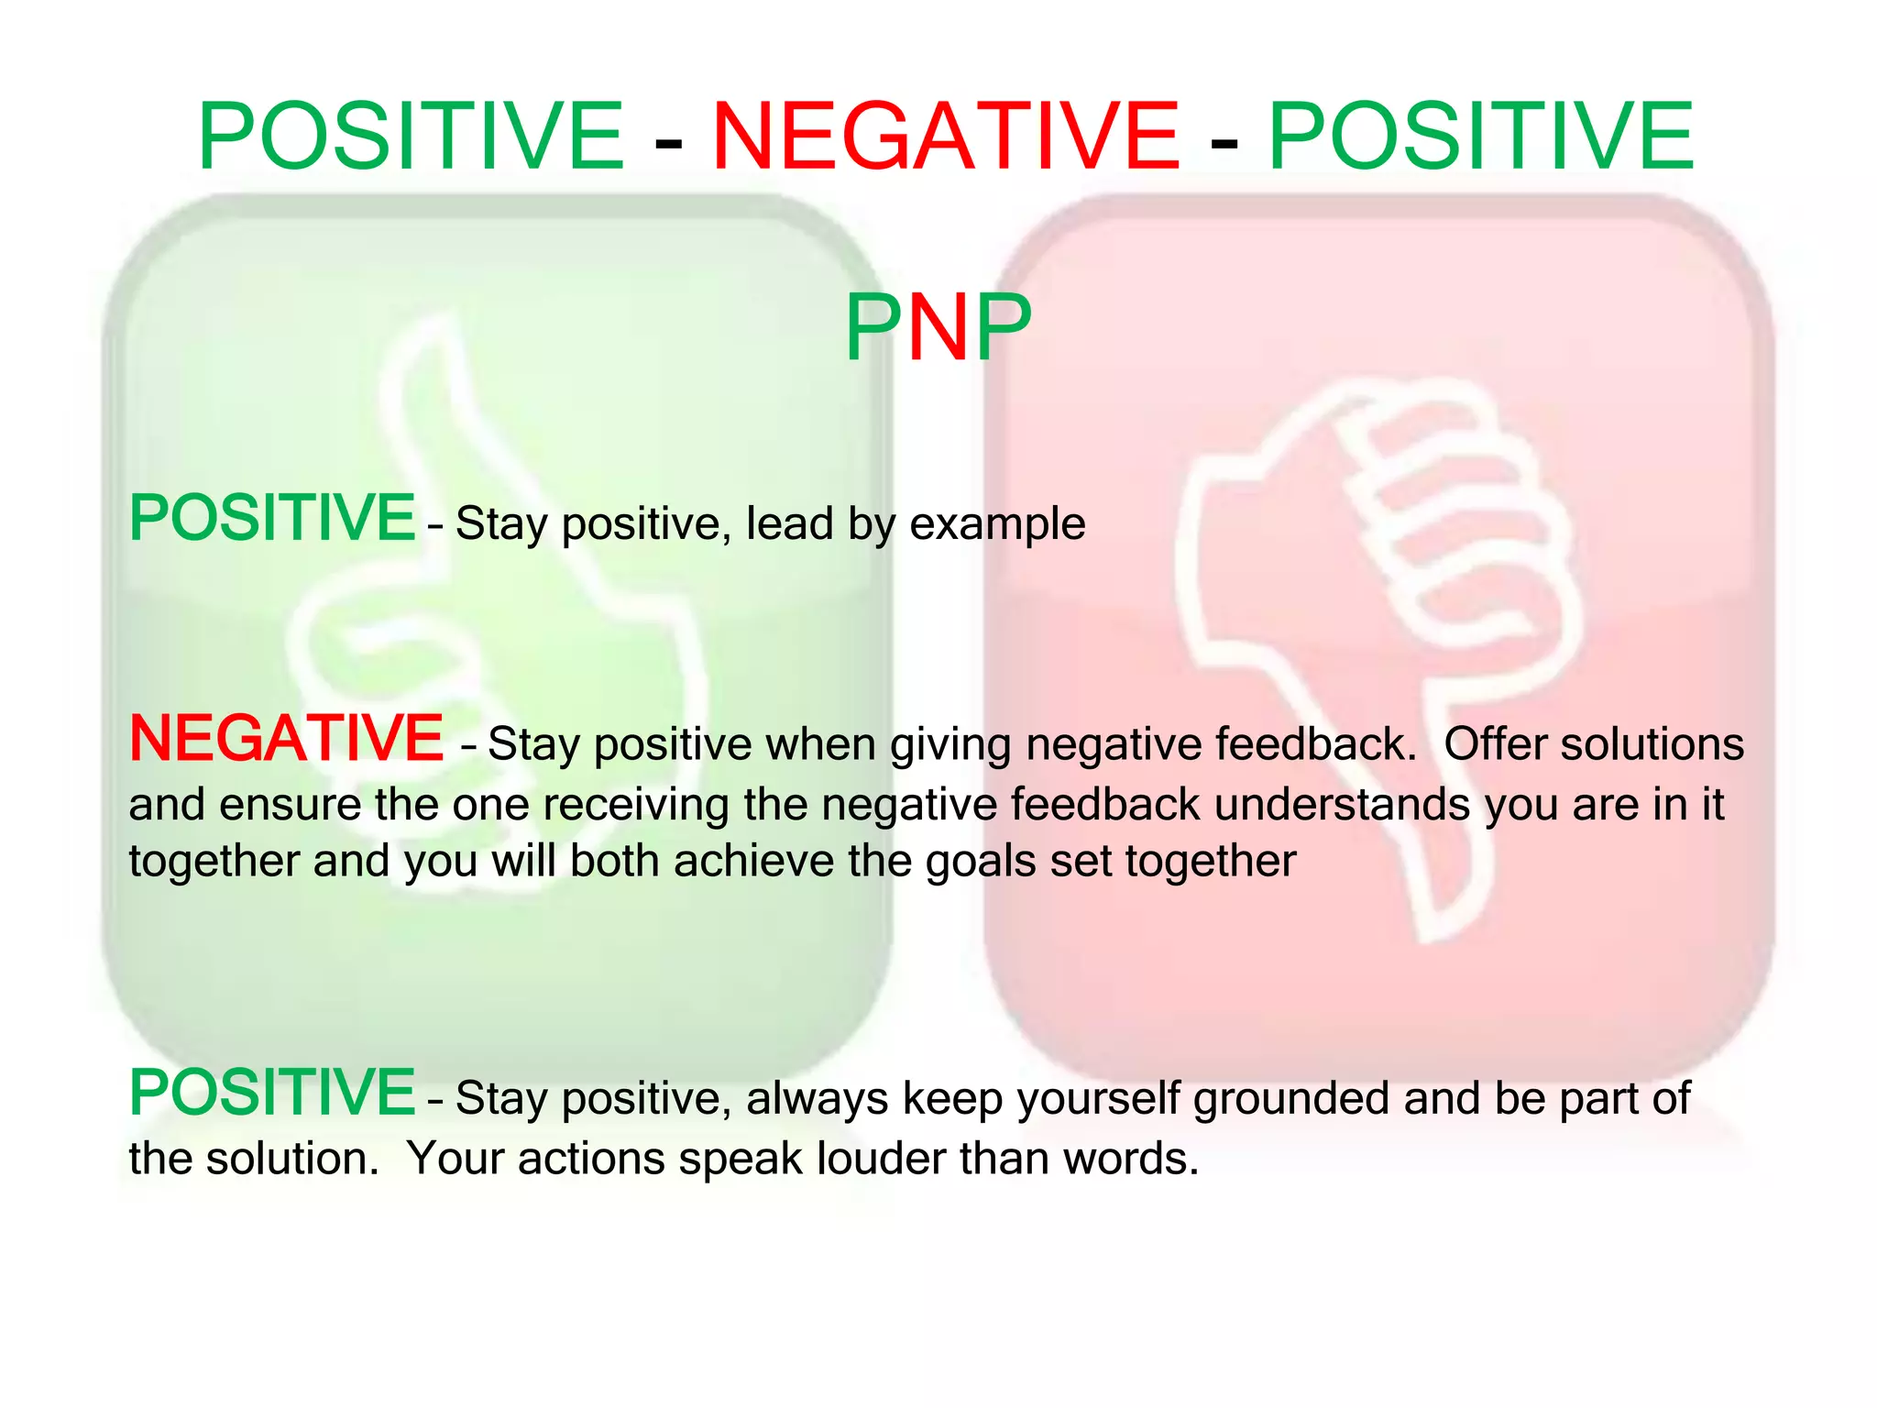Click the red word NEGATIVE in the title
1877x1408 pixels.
click(x=945, y=137)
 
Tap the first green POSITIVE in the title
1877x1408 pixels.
click(x=412, y=137)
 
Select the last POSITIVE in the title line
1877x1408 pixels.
click(x=1480, y=137)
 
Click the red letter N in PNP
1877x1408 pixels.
click(x=938, y=327)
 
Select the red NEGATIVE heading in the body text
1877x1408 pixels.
click(x=287, y=739)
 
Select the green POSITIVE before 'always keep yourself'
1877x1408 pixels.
click(x=272, y=1093)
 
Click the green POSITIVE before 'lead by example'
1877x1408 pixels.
click(x=272, y=519)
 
